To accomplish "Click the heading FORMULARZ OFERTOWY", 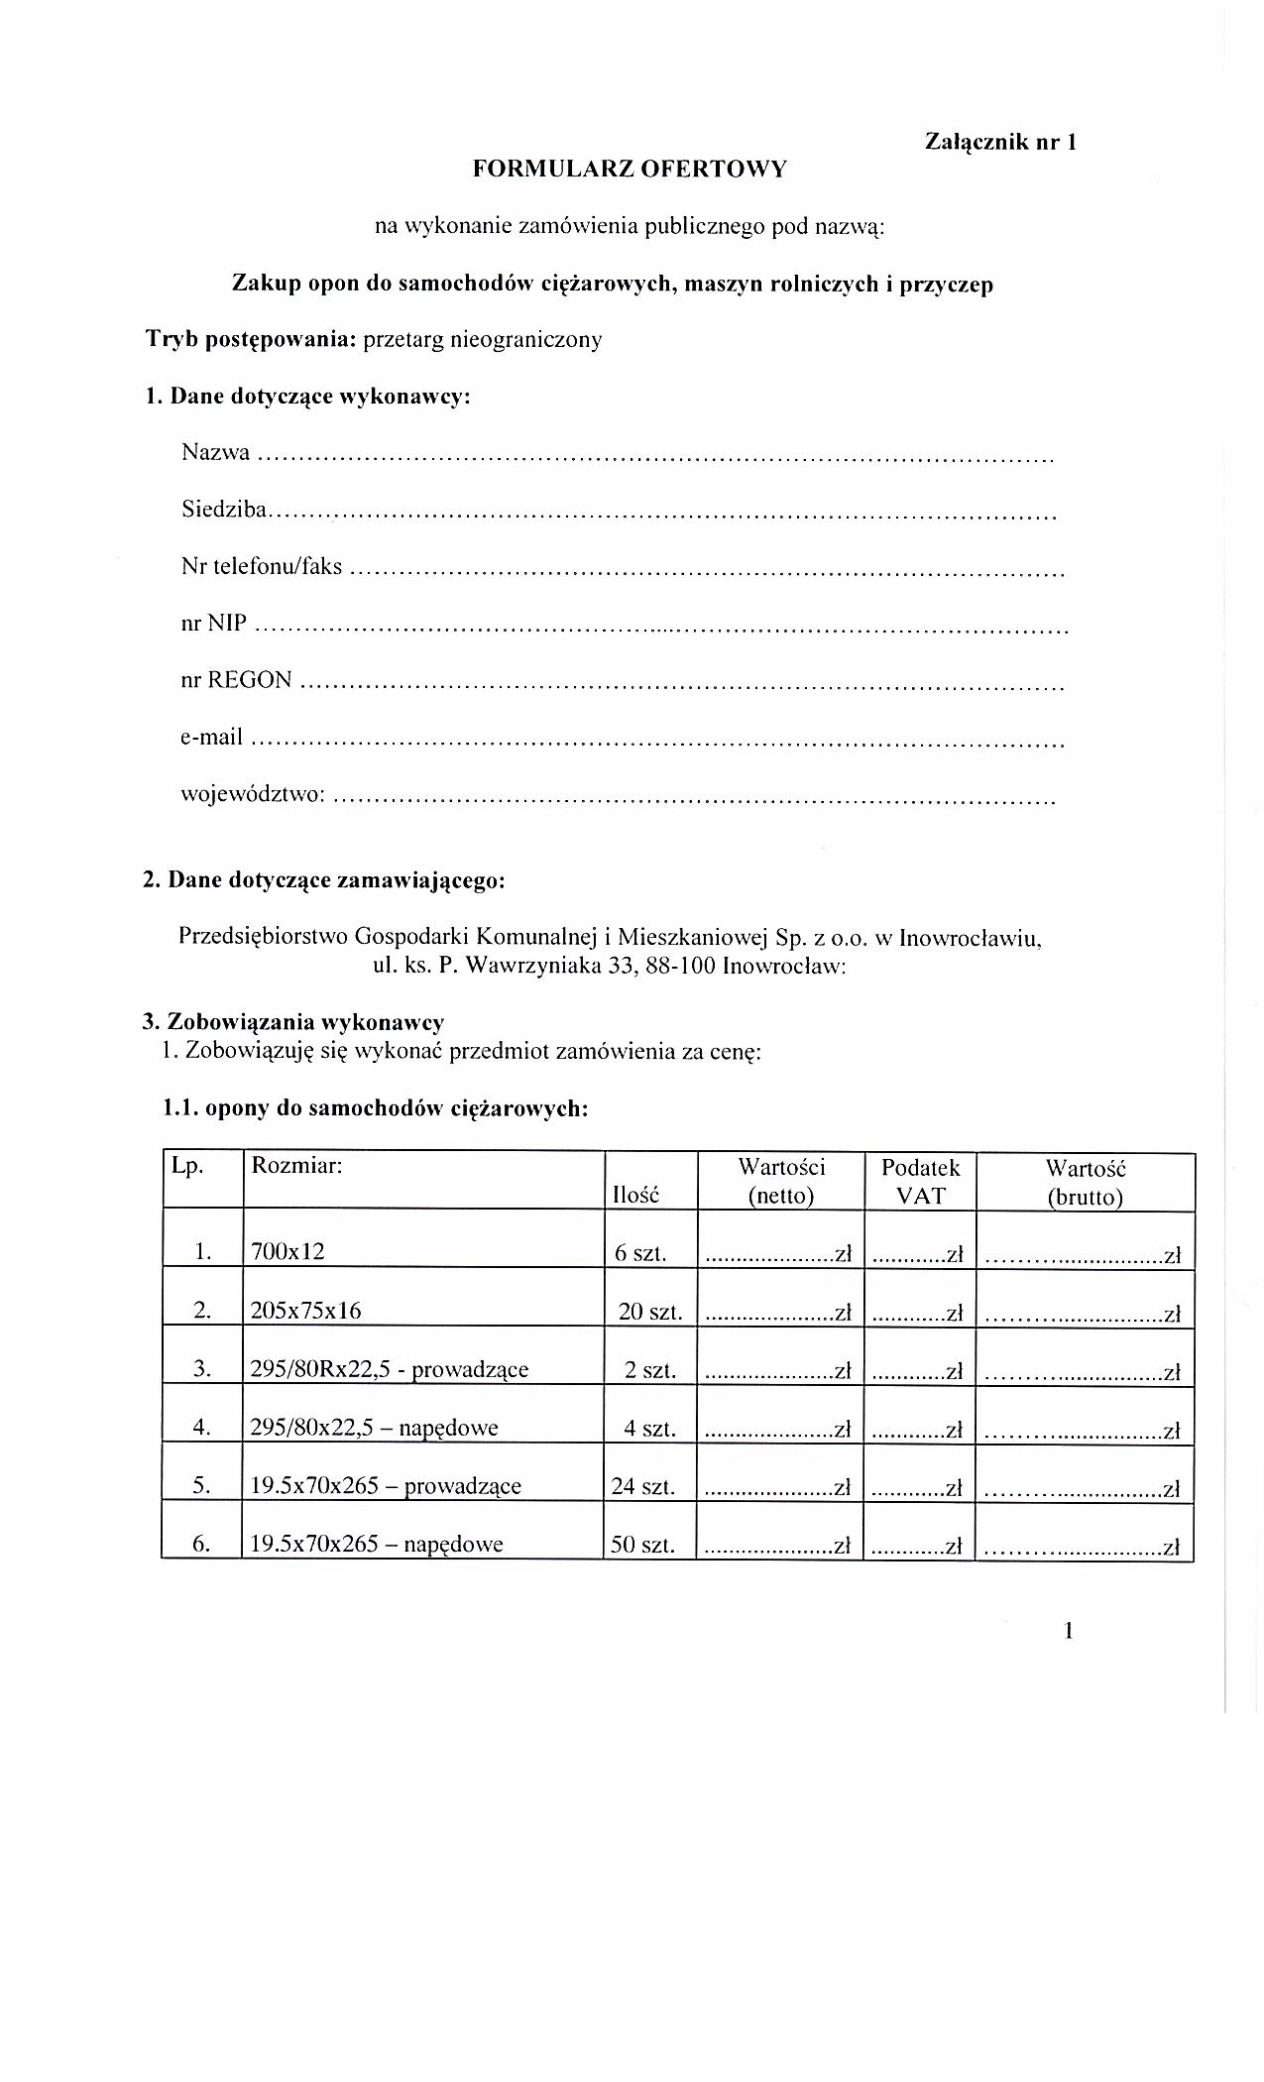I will click(x=630, y=170).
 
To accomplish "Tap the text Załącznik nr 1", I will click(x=1000, y=142).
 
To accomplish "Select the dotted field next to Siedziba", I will click(x=662, y=515).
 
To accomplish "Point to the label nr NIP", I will click(x=213, y=624).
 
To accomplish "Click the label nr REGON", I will click(x=236, y=680).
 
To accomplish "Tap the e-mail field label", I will click(x=211, y=737).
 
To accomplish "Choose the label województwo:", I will click(x=253, y=794).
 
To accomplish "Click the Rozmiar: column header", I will click(x=296, y=1166).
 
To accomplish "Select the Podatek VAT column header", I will click(x=920, y=1181).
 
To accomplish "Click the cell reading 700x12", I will click(x=288, y=1252).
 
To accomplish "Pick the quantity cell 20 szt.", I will click(x=650, y=1312).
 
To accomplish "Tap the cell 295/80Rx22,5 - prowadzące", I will click(x=390, y=1370).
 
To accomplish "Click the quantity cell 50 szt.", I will click(x=643, y=1544).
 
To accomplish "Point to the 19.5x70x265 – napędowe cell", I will click(x=377, y=1544).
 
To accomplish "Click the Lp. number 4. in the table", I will click(x=202, y=1428).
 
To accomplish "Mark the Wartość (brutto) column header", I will click(x=1086, y=1181).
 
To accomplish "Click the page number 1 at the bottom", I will click(x=1069, y=1631).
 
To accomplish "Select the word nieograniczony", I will click(x=525, y=340).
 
